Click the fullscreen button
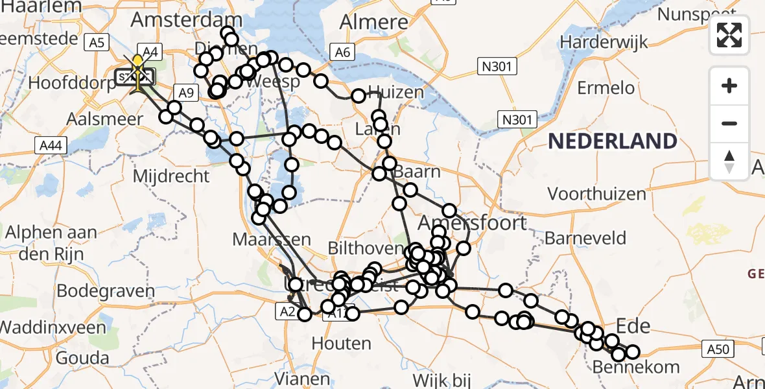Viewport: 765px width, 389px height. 729,35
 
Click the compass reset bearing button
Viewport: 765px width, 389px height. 729,161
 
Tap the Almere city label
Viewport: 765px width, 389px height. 375,22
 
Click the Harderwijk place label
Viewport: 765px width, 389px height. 604,43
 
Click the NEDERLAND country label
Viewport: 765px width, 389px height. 613,141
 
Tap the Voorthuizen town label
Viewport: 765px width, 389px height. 596,193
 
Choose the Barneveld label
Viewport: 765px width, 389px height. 585,238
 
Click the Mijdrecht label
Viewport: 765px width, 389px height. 171,176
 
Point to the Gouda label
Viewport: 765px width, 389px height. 82,357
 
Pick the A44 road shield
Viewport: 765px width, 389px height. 50,146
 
